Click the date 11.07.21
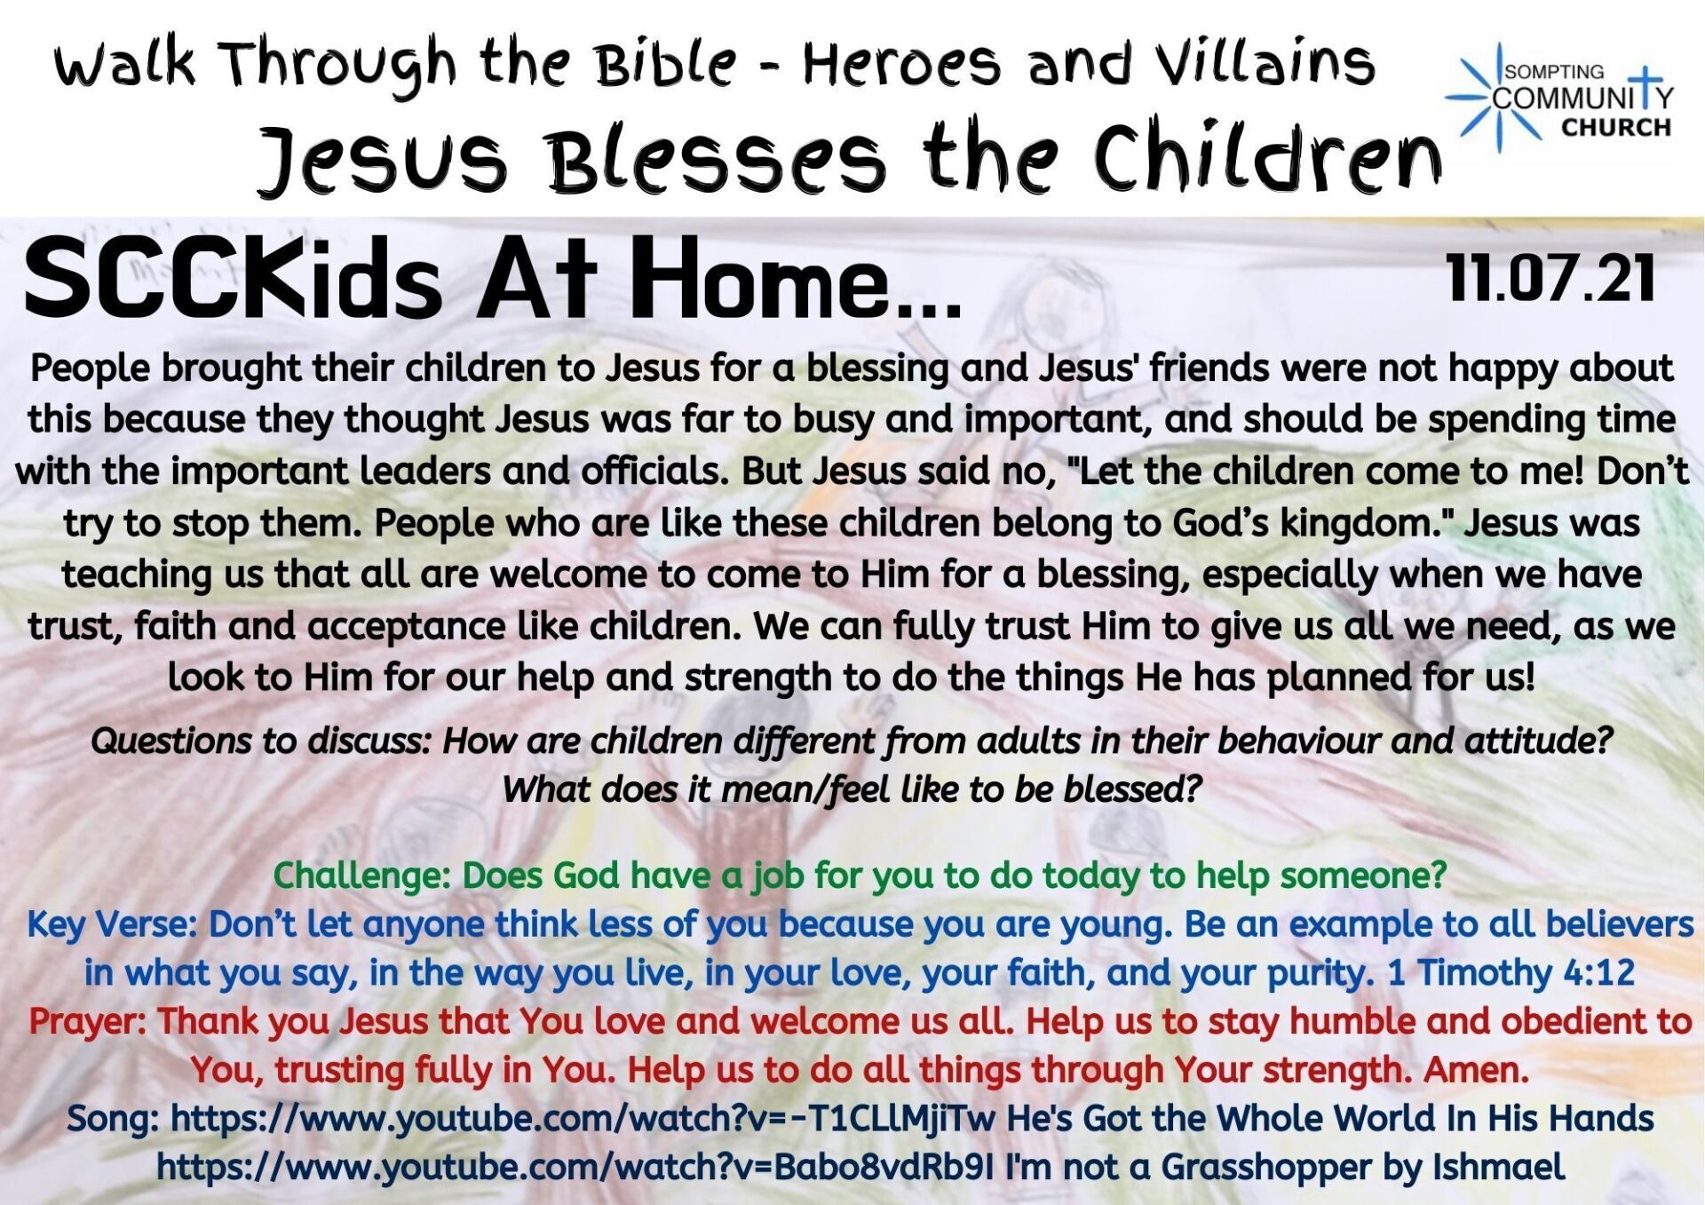[1550, 277]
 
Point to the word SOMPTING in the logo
[1554, 72]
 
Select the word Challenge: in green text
[363, 876]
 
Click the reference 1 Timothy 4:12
[1511, 972]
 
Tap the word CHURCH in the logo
[1615, 128]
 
